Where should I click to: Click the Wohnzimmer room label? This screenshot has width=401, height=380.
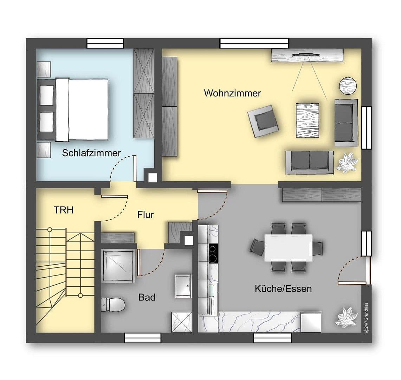[x=232, y=93]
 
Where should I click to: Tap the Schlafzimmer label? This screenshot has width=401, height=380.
[x=91, y=153]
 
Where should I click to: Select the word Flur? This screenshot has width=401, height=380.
[x=145, y=214]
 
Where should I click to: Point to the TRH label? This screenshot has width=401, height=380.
[x=64, y=210]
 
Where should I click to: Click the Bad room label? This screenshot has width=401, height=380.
[x=147, y=298]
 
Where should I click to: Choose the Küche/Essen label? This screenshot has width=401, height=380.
[x=283, y=289]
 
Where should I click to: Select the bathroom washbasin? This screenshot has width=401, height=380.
[x=183, y=286]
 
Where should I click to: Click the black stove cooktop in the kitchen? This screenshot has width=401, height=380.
[x=213, y=253]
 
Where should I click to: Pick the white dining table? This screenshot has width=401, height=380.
[x=288, y=248]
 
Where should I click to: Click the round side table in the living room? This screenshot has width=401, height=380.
[x=348, y=85]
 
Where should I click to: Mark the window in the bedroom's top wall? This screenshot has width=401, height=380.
[x=105, y=43]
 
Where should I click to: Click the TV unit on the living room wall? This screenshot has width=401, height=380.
[x=307, y=55]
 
